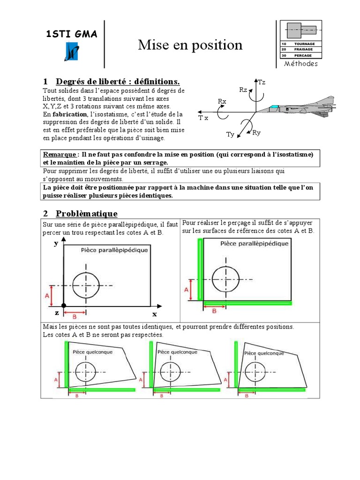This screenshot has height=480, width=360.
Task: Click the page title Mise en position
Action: click(x=190, y=45)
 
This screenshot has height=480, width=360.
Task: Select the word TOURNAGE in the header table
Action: click(x=304, y=44)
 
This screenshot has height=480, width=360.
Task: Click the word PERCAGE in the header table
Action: click(x=303, y=55)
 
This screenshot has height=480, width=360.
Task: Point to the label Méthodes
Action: click(x=300, y=64)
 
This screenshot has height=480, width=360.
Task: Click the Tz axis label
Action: click(x=262, y=82)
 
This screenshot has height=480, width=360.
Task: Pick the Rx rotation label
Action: click(x=222, y=101)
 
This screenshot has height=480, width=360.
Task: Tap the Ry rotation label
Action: click(x=256, y=133)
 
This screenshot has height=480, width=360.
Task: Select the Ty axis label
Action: click(x=230, y=135)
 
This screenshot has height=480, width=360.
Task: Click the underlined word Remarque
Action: click(x=60, y=155)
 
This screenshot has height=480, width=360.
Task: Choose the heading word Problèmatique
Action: click(x=87, y=214)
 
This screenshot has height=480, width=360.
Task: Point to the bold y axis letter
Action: click(x=56, y=243)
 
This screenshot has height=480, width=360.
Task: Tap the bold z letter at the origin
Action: click(x=57, y=313)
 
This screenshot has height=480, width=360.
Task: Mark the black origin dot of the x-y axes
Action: click(x=64, y=306)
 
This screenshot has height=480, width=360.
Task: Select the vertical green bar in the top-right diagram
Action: click(x=200, y=269)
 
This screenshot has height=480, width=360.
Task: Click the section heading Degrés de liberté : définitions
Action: click(x=118, y=82)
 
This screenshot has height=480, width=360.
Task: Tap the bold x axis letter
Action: click(x=154, y=314)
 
